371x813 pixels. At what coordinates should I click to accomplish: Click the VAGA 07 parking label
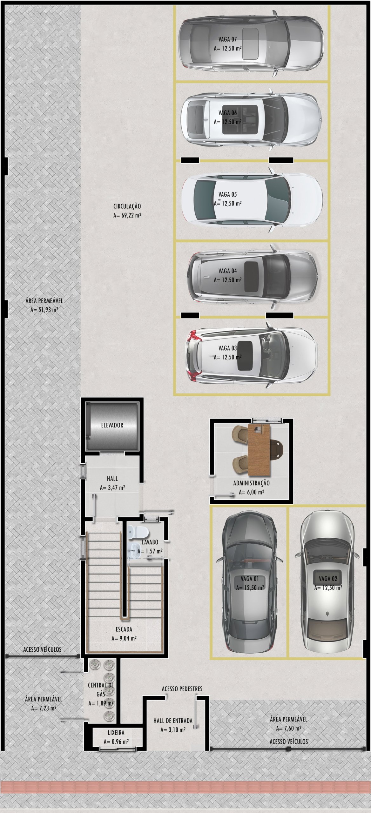tap(227, 39)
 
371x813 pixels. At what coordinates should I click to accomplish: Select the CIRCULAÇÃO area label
tap(127, 206)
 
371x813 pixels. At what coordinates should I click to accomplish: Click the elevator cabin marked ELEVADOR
tap(112, 425)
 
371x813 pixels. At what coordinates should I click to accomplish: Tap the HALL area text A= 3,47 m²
tap(112, 487)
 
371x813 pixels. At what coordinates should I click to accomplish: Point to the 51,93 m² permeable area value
tap(44, 310)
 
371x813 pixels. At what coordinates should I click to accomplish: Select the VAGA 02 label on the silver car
tap(328, 579)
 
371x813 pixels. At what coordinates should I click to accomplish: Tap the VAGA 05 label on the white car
tap(227, 194)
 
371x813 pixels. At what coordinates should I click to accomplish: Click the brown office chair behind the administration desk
tap(277, 448)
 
